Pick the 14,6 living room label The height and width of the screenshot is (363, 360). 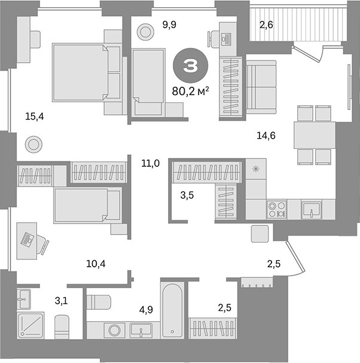(266, 136)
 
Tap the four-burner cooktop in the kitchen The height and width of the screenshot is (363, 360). (277, 209)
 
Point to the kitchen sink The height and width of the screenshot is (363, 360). (310, 209)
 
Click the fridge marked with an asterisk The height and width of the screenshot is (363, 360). (256, 169)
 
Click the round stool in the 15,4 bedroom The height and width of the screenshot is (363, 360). (33, 144)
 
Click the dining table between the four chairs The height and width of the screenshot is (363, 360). (314, 135)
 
